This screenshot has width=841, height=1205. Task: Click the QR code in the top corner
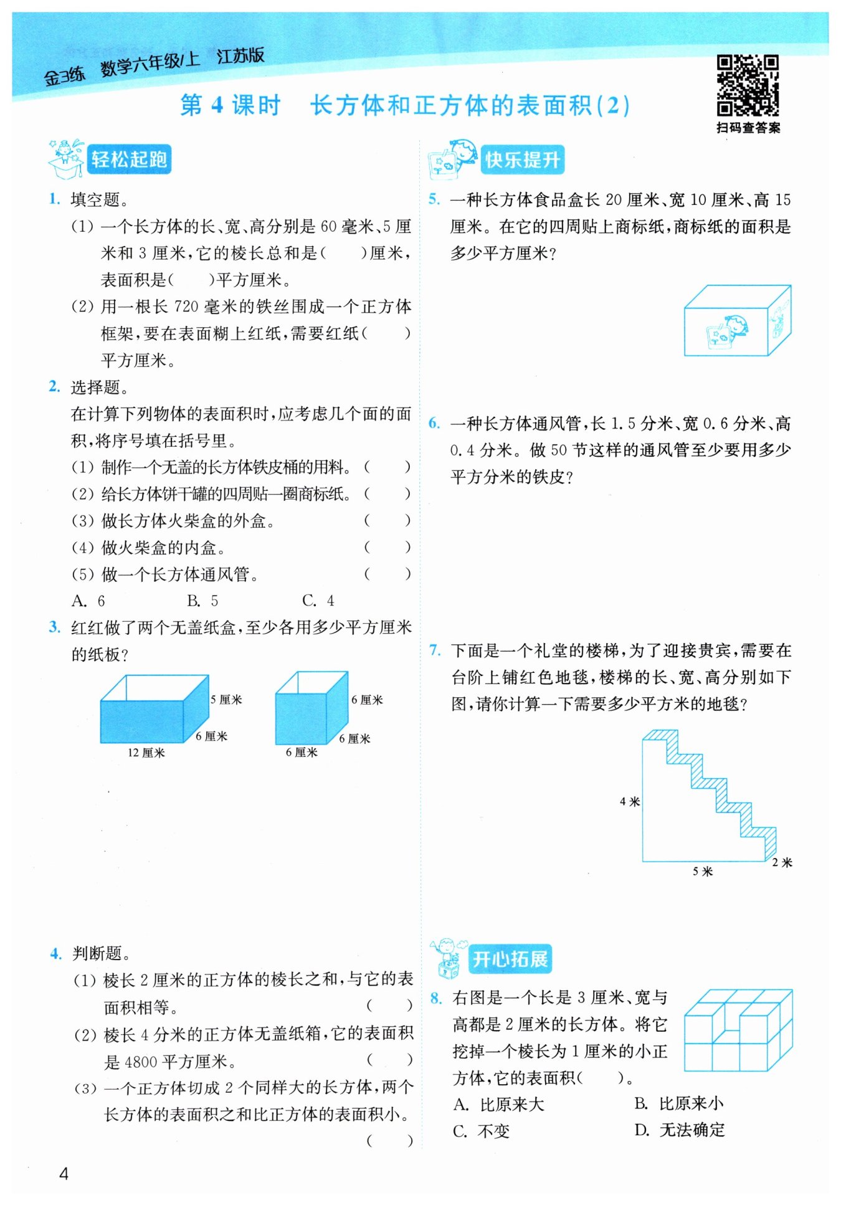click(x=747, y=85)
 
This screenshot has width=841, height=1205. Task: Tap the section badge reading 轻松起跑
click(x=129, y=160)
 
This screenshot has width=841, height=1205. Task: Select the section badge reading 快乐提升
click(x=522, y=160)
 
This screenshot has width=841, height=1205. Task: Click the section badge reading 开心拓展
click(x=510, y=959)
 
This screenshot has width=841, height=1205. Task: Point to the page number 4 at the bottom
click(x=64, y=1174)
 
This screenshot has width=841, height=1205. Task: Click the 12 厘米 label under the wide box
click(x=146, y=753)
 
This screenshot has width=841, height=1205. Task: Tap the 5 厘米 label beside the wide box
click(x=226, y=700)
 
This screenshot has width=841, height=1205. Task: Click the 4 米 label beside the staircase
click(x=630, y=801)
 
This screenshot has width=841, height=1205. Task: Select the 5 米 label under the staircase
click(x=703, y=871)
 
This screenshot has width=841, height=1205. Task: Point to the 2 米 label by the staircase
click(x=782, y=862)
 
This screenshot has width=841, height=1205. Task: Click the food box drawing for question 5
click(x=737, y=321)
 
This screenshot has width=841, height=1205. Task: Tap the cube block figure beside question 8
click(x=738, y=1030)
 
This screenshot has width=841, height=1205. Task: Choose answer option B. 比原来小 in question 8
click(x=679, y=1103)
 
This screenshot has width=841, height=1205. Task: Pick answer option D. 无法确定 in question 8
click(x=680, y=1130)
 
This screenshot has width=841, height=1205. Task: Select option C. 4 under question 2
click(x=318, y=601)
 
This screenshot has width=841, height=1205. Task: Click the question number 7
click(x=434, y=650)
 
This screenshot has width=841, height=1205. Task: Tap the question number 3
click(x=55, y=627)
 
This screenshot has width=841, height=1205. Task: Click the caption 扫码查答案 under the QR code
click(x=748, y=128)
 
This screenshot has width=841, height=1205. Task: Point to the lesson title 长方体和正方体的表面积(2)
click(x=470, y=105)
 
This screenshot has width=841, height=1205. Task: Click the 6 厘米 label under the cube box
click(x=302, y=753)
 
